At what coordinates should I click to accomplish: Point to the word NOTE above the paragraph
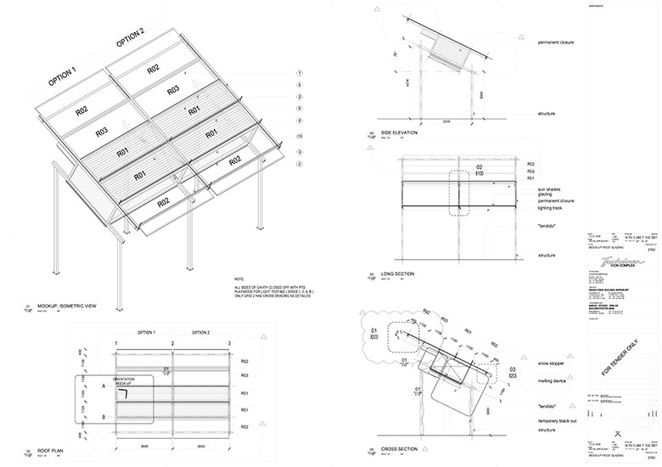tap(238, 279)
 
